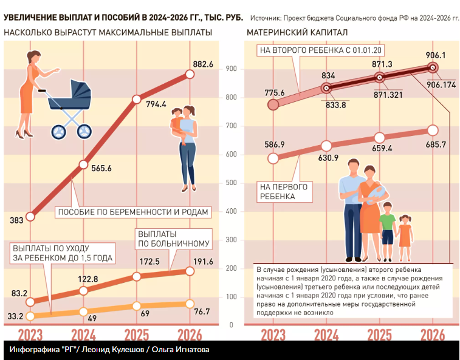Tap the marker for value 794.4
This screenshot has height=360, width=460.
(136, 98)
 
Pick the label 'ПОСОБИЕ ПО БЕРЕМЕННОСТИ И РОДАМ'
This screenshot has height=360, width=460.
(132, 212)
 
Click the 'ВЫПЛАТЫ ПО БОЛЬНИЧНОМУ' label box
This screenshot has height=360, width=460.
(173, 238)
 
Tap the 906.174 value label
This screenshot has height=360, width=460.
(441, 84)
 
